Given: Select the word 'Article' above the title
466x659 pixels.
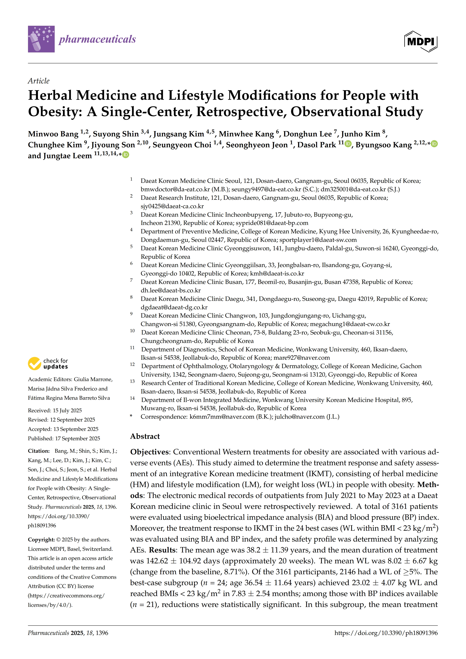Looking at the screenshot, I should coord(39,81).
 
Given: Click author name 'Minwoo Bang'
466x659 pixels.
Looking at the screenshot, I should coord(53,134).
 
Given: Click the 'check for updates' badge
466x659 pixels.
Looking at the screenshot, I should coord(48,363).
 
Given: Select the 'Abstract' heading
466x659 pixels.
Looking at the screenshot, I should coord(145,436).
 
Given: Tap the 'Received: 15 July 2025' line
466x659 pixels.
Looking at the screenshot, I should coord(55,410).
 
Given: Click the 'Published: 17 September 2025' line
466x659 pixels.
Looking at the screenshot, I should coord(64,438).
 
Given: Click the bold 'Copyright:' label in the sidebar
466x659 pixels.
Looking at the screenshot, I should coord(41,540).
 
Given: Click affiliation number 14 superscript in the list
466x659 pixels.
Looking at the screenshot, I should coord(132,398).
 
